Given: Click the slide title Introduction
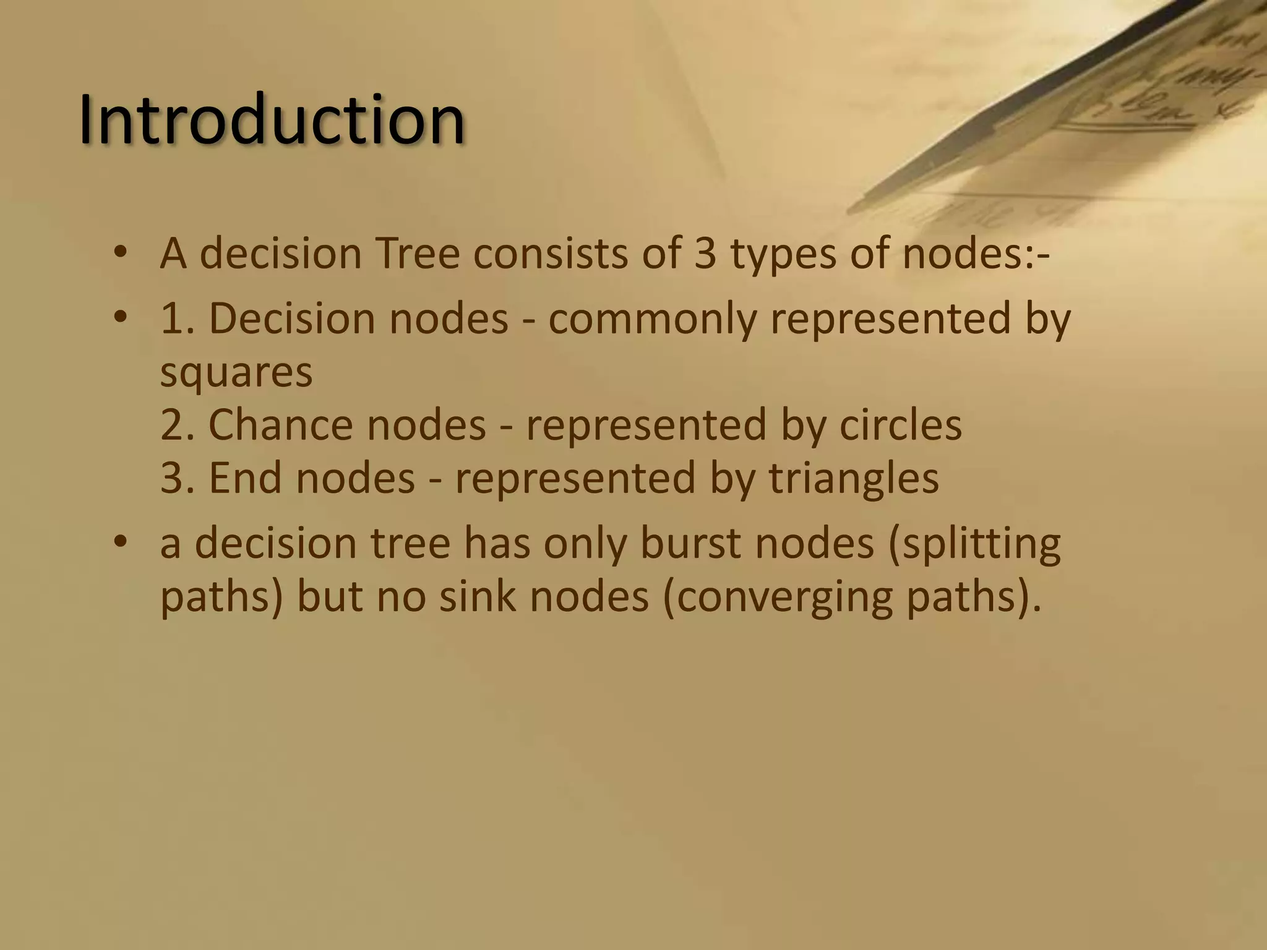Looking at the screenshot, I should pos(272,119).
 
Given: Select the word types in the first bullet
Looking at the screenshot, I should pos(783,254).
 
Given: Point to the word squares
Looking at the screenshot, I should pos(236,372).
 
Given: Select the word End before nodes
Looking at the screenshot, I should pos(246,479).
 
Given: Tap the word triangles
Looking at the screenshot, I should pos(854,479).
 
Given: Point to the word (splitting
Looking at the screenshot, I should pos(974,544).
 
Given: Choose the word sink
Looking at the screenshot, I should pos(477,597).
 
